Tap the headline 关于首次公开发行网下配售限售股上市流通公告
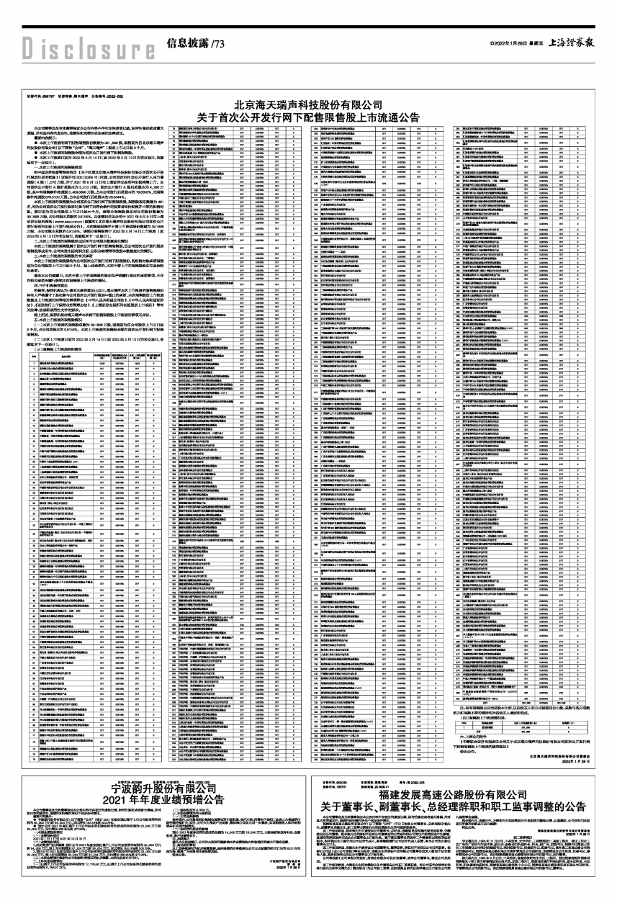pyautogui.click(x=308, y=117)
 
